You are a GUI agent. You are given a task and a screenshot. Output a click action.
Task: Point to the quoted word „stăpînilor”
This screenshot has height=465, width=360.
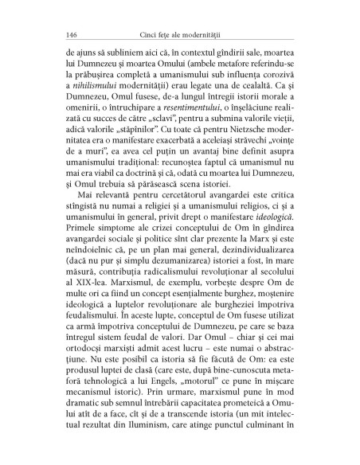click(x=158, y=156)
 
